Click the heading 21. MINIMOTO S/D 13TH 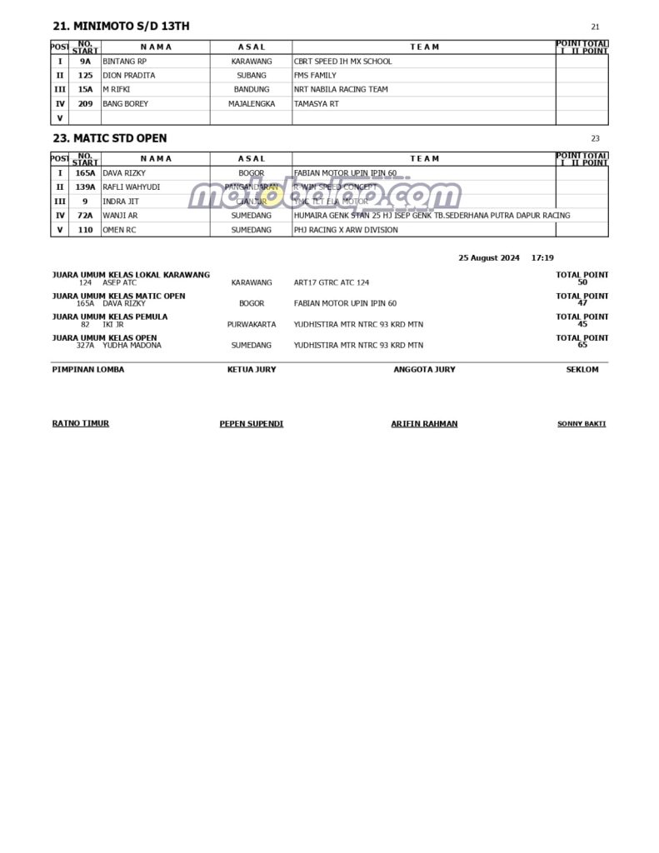click(121, 27)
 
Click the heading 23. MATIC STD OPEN click(109, 138)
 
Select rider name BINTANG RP click(124, 62)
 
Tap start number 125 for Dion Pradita click(85, 76)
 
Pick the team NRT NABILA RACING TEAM click(341, 90)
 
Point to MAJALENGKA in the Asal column click(252, 104)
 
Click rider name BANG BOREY click(126, 104)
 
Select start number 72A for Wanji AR click(85, 216)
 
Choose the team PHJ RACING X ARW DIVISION click(346, 230)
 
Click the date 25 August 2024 click(489, 258)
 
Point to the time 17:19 click(542, 258)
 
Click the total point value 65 click(582, 345)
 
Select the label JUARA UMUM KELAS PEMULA click(110, 317)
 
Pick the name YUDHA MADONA click(132, 345)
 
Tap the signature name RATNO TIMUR click(81, 423)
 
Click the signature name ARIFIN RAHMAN click(424, 424)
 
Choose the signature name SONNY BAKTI click(582, 424)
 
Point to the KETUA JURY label click(252, 370)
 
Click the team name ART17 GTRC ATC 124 click(332, 283)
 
